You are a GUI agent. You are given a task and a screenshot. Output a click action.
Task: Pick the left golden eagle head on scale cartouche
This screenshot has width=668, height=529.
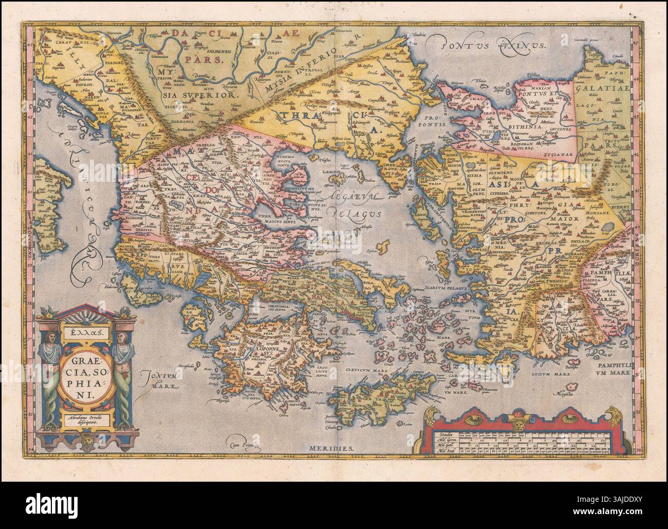429,412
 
